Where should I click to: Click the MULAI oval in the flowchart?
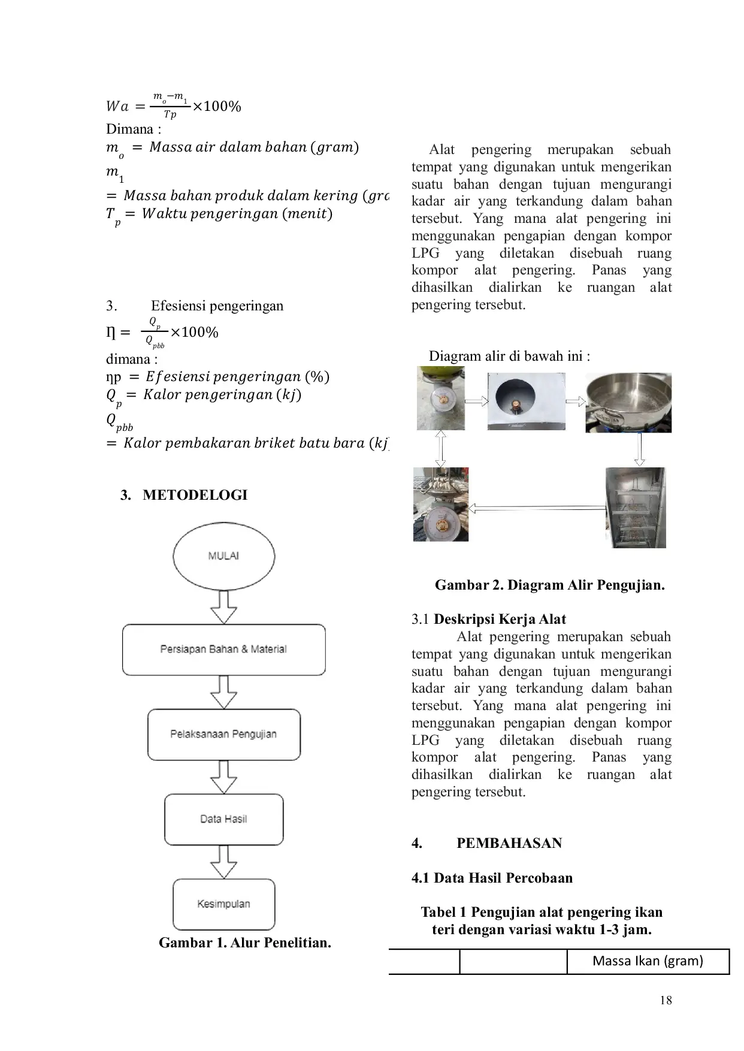pos(223,556)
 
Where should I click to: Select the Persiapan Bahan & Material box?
pos(223,650)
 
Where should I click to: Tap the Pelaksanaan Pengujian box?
pos(223,735)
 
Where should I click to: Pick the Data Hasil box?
pos(223,819)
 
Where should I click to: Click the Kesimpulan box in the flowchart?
pos(223,904)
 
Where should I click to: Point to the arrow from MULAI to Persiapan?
pos(223,607)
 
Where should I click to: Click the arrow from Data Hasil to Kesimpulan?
pos(223,862)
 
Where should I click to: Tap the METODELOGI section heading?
pos(195,495)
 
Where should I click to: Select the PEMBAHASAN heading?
pos(509,843)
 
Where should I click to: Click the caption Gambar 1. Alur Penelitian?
pos(244,943)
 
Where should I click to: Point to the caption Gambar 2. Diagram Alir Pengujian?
pos(549,585)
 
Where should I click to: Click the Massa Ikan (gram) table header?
pos(648,961)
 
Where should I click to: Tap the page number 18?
pos(665,999)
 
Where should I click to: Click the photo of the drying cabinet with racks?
pos(635,507)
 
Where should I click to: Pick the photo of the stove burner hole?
pos(526,401)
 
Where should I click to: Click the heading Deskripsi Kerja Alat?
pos(500,619)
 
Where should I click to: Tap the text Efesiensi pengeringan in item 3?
pos(217,306)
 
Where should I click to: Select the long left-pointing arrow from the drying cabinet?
pos(536,509)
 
